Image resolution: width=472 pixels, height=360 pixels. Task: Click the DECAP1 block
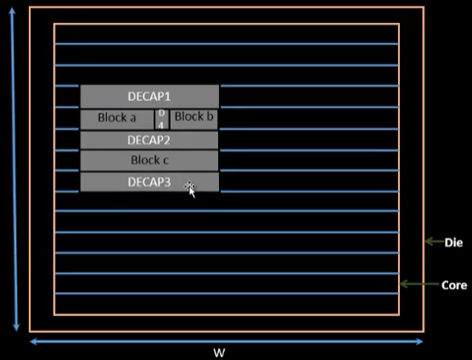pos(149,96)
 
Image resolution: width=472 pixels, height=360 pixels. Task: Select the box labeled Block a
pos(117,120)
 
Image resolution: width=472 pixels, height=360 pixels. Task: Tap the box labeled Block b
pos(194,120)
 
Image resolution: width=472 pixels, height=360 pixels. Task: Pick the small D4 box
pos(161,120)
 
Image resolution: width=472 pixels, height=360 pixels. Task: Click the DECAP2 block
pos(149,140)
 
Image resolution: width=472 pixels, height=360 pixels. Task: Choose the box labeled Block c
pos(149,160)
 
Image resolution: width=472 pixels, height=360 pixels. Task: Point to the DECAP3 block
pos(149,182)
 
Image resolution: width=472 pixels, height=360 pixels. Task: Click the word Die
pos(453,243)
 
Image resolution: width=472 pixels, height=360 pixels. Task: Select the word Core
pos(454,285)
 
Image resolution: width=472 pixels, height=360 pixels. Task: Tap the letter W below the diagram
pos(219,352)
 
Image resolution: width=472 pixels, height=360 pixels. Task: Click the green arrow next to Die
pos(435,241)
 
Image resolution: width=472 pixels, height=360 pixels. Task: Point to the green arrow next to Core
pos(419,284)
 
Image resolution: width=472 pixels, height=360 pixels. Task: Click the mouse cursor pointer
pos(190,189)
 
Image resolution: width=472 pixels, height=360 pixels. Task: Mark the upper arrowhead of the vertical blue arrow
pos(12,11)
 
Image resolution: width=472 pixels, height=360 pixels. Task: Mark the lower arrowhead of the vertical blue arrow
pos(16,327)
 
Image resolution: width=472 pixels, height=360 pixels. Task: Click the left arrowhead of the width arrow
pos(33,341)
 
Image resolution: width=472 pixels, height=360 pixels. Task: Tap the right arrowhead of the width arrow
pos(419,341)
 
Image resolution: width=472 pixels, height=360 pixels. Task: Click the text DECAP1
pos(149,96)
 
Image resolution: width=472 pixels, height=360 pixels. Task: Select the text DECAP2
pos(149,140)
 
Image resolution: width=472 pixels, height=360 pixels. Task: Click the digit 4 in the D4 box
pos(161,126)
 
